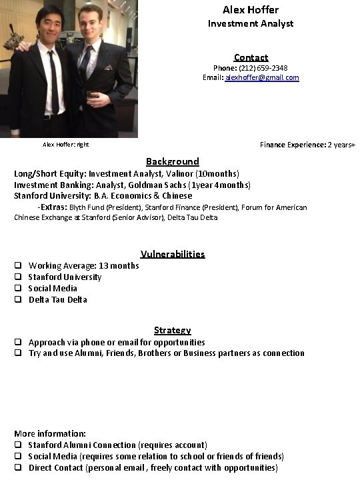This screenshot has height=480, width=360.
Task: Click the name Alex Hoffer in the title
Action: [x=251, y=9]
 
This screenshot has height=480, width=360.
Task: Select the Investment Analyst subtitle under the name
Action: [x=251, y=23]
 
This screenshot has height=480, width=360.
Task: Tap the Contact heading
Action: [x=251, y=57]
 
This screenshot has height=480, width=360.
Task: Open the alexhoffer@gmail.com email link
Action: [x=262, y=77]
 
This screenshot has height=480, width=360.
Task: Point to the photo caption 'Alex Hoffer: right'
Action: [x=66, y=145]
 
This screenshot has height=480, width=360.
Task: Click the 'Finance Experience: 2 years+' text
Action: [x=307, y=145]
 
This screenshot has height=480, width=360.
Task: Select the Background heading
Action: [x=173, y=161]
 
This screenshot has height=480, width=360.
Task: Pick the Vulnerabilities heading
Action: [x=173, y=254]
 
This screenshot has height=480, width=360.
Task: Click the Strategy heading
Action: [x=173, y=330]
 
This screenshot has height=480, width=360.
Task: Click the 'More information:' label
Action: [x=50, y=433]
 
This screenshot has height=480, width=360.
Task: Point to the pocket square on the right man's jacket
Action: [x=109, y=67]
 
